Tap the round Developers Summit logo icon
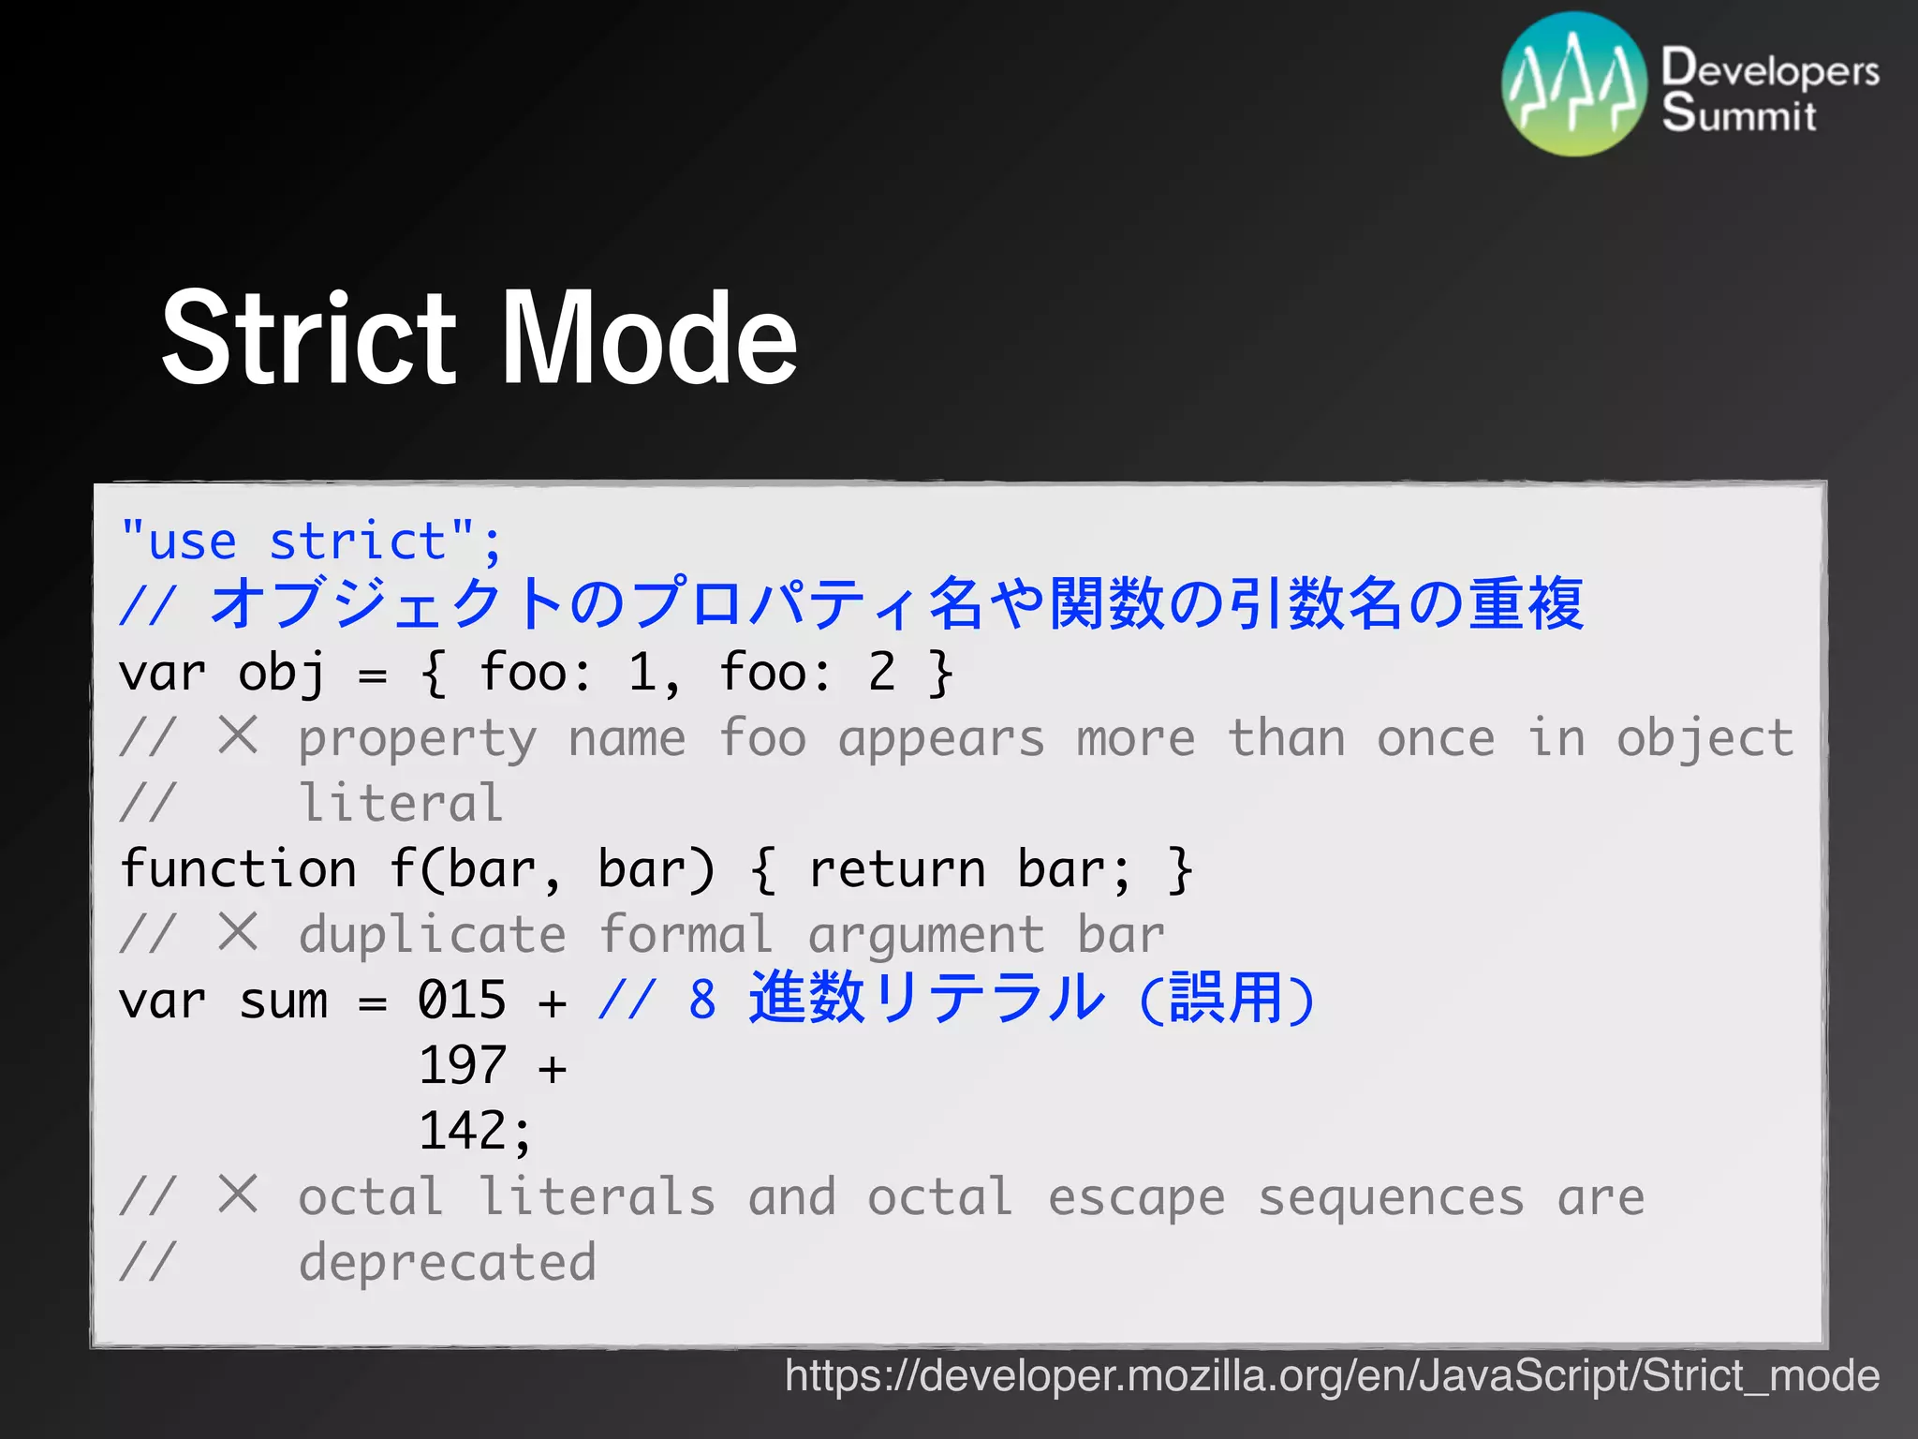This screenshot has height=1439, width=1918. (x=1573, y=84)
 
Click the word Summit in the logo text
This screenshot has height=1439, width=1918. (x=1739, y=114)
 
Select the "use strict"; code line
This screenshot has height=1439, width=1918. (x=311, y=541)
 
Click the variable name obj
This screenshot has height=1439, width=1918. (x=281, y=673)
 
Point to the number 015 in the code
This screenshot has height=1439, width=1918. (x=462, y=1000)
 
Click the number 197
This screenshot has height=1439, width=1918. (x=462, y=1065)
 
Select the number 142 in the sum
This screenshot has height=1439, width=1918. (x=462, y=1131)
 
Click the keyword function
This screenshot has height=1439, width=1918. (x=239, y=868)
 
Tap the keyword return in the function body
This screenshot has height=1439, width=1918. (x=897, y=868)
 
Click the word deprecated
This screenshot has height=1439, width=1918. (x=447, y=1262)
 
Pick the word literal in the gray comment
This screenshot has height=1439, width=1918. (x=401, y=803)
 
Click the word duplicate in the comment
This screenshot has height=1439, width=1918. (x=432, y=934)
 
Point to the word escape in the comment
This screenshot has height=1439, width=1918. (x=1136, y=1196)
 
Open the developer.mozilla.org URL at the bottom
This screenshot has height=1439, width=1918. (x=1332, y=1375)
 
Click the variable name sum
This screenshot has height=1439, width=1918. (x=283, y=1000)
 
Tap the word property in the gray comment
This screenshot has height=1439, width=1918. (x=417, y=738)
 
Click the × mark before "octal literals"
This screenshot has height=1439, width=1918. (x=238, y=1194)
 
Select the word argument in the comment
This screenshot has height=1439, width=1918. (x=925, y=934)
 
